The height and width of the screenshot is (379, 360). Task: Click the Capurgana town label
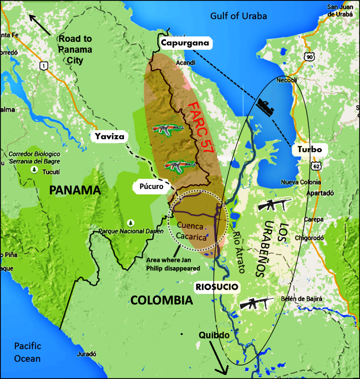(185, 43)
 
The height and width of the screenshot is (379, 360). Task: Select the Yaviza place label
(109, 137)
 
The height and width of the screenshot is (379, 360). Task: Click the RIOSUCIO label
(216, 286)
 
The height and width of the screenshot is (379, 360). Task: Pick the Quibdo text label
(214, 335)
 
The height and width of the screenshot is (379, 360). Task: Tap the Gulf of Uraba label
(239, 16)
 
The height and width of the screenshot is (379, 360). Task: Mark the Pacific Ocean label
(27, 352)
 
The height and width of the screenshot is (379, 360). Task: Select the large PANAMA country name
(75, 190)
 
